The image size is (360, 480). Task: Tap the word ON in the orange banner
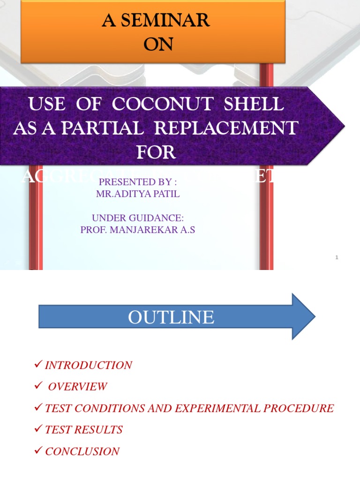pyautogui.click(x=158, y=44)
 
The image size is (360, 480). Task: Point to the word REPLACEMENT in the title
pyautogui.click(x=234, y=128)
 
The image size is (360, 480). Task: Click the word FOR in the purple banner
pyautogui.click(x=156, y=152)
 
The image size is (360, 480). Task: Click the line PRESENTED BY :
pyautogui.click(x=138, y=182)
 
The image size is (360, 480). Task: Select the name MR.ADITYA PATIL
pyautogui.click(x=138, y=194)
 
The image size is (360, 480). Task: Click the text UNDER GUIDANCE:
pyautogui.click(x=138, y=218)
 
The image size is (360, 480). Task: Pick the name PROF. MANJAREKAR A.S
pyautogui.click(x=137, y=230)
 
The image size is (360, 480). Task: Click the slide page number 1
pyautogui.click(x=337, y=257)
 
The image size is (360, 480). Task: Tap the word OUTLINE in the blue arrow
pyautogui.click(x=171, y=317)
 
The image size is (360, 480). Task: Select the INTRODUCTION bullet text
pyautogui.click(x=89, y=365)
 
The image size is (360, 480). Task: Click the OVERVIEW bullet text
pyautogui.click(x=77, y=387)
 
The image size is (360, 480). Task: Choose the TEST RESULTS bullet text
pyautogui.click(x=83, y=430)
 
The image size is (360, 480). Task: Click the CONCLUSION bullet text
pyautogui.click(x=82, y=451)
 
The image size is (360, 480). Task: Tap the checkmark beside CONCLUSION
pyautogui.click(x=39, y=451)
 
